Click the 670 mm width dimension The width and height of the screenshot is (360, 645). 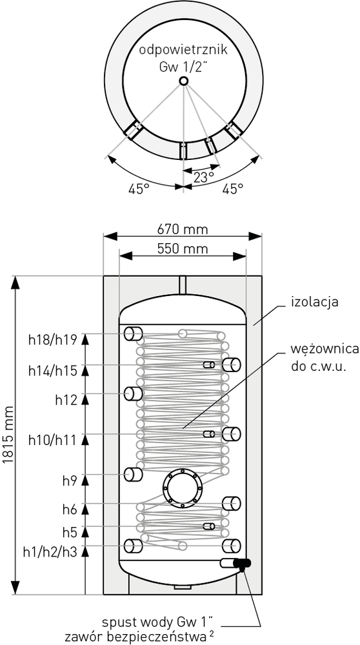click(x=183, y=229)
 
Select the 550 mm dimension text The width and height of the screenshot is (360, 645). click(x=183, y=249)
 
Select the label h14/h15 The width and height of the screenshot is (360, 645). click(x=53, y=371)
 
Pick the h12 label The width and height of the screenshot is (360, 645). click(x=66, y=400)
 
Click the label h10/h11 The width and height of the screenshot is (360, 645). click(x=53, y=440)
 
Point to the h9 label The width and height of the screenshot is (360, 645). click(x=70, y=481)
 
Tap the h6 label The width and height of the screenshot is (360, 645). click(x=70, y=510)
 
